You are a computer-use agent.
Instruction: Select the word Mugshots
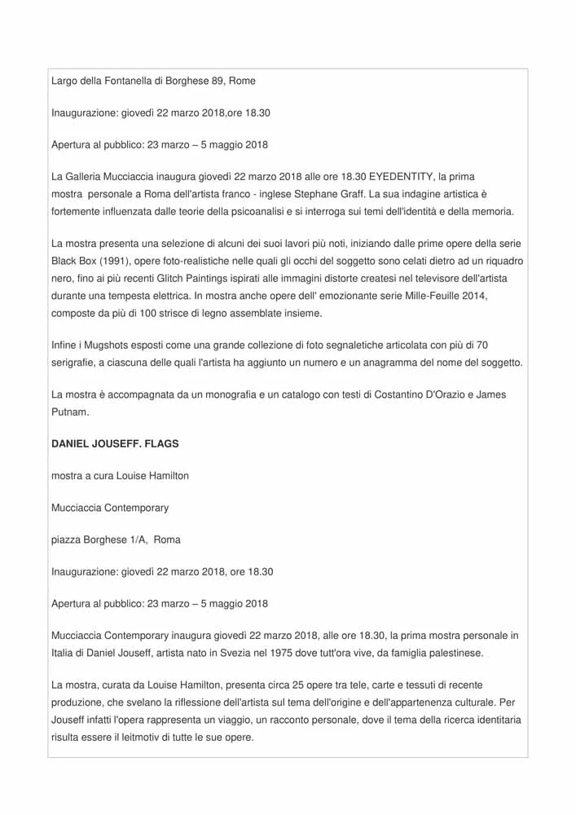point(106,346)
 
